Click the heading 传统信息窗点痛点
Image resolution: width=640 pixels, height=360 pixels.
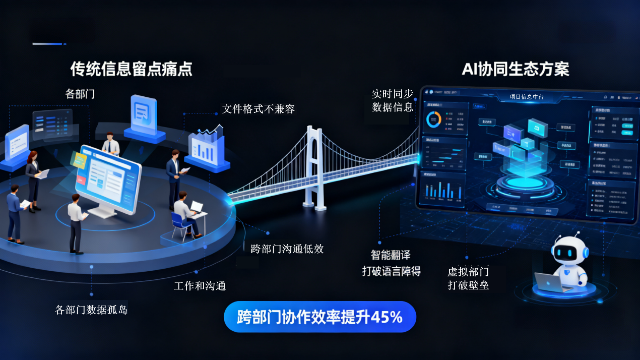pos(131,69)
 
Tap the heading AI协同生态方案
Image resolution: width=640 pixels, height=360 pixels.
pos(515,69)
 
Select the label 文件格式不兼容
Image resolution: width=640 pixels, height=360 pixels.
pos(259,109)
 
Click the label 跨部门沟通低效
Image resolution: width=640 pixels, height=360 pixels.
pos(287,249)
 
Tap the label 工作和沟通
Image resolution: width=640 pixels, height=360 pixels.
pos(200,286)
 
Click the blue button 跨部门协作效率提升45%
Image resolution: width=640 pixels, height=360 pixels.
pos(320,317)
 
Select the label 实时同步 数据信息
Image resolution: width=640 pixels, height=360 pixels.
pos(393,100)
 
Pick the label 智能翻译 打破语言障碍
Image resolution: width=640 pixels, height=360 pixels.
pos(391,263)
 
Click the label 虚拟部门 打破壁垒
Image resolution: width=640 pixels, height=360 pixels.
pos(468,278)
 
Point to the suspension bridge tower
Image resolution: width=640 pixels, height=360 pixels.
pos(315,166)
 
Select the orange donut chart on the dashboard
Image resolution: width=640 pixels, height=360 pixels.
pos(433,119)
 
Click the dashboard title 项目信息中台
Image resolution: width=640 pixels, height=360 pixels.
pos(526,97)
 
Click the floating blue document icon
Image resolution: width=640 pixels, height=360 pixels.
pos(144,115)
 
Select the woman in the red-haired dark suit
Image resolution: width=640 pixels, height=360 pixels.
pos(34,179)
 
